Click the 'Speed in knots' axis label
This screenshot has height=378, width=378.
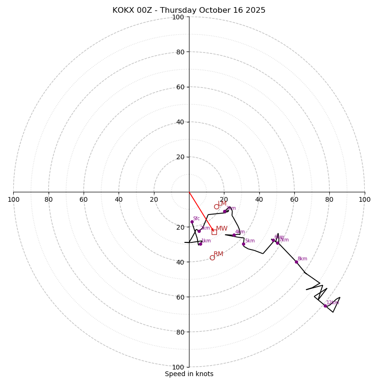[189, 374]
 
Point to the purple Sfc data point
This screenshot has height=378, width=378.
[192, 222]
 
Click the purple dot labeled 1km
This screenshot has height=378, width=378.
[200, 244]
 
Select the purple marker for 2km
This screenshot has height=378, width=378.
[199, 231]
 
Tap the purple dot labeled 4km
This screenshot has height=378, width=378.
[234, 235]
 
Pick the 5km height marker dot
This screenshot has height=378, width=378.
[244, 244]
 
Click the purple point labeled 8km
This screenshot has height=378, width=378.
[296, 262]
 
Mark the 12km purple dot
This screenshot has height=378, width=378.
[325, 306]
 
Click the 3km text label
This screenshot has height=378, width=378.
[231, 208]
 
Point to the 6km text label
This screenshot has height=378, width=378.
[279, 237]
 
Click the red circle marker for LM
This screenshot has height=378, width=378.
[216, 206]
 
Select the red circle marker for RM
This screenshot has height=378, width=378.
[212, 258]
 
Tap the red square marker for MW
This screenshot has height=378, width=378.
[214, 232]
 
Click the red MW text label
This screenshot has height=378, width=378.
[222, 229]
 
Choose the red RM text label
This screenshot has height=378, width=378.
[218, 254]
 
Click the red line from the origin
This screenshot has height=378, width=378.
[201, 211]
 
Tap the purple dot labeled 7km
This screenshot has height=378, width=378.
[277, 243]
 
